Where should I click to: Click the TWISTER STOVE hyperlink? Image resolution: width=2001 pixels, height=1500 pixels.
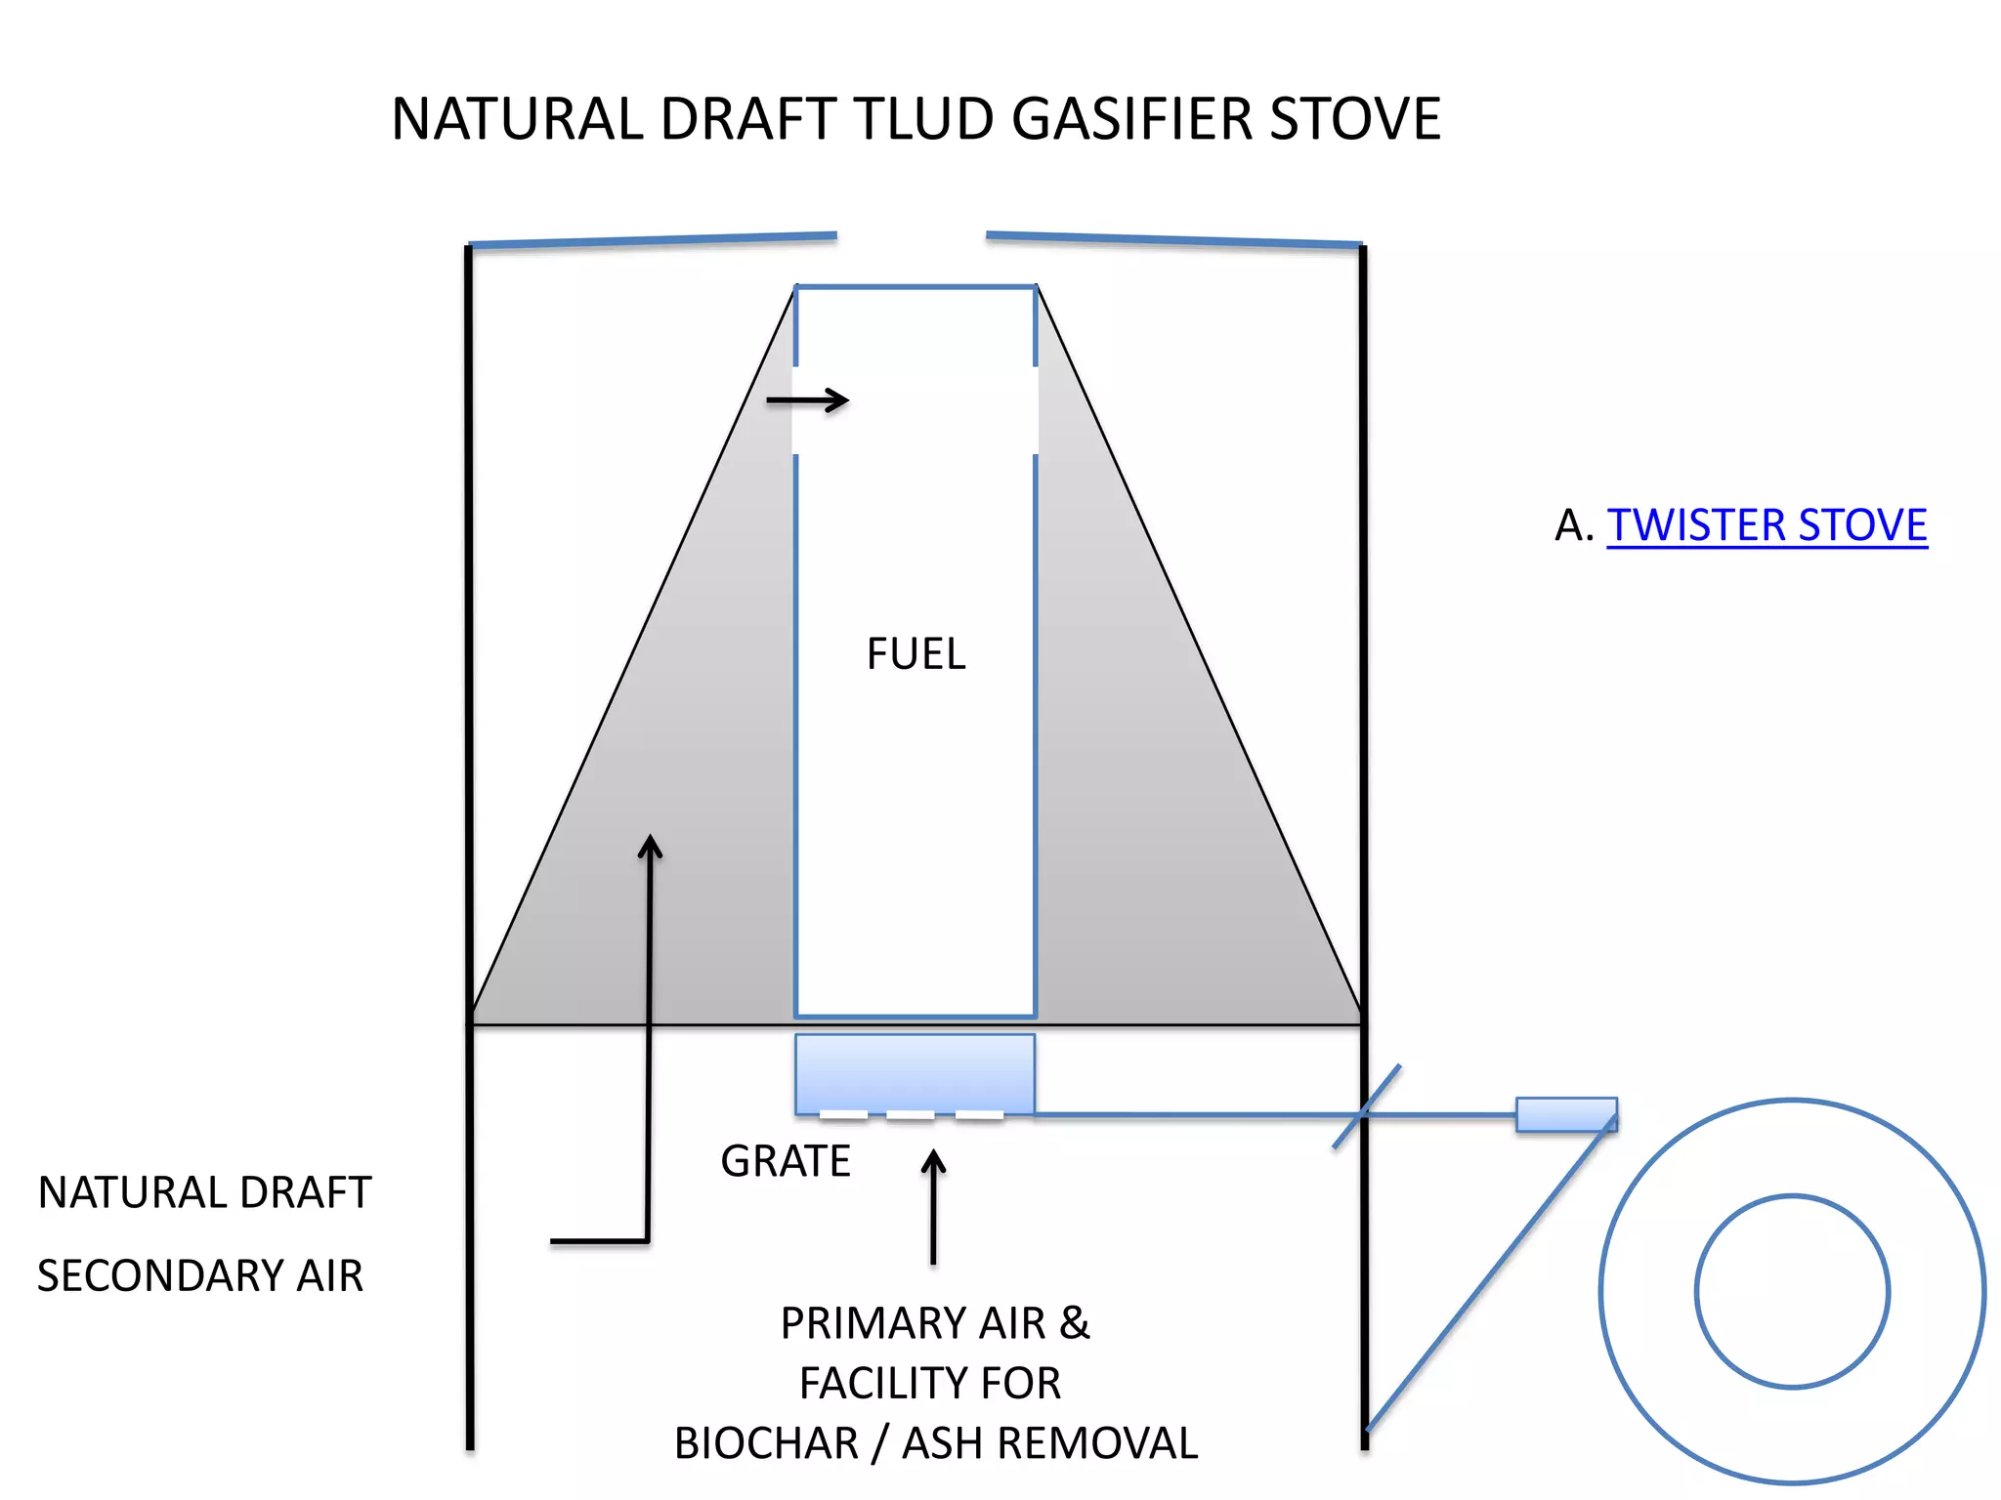point(1767,525)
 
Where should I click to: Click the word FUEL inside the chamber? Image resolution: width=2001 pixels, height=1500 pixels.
point(915,654)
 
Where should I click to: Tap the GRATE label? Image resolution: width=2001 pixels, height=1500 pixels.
point(786,1161)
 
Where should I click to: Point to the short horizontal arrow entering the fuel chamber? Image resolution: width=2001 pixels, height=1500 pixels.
point(807,400)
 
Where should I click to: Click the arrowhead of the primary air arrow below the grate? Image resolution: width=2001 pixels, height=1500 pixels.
point(934,1162)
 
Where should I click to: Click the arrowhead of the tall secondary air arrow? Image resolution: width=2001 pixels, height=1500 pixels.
point(650,846)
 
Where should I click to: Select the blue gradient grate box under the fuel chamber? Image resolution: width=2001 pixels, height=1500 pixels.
point(915,1073)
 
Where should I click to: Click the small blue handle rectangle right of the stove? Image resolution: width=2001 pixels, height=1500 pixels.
point(1565,1114)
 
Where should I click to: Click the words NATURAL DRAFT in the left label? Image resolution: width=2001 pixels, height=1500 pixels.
point(204,1192)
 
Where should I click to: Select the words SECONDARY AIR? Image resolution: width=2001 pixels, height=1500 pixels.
point(200,1275)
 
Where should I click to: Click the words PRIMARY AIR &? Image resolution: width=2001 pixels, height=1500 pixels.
point(934,1323)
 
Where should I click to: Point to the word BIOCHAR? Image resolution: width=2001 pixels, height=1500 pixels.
point(766,1443)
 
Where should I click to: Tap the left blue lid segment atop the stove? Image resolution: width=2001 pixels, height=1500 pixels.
point(653,240)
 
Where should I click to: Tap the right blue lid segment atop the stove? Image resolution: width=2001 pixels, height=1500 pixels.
point(1173,239)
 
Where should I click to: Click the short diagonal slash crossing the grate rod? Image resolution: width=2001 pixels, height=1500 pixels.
point(1367,1106)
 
